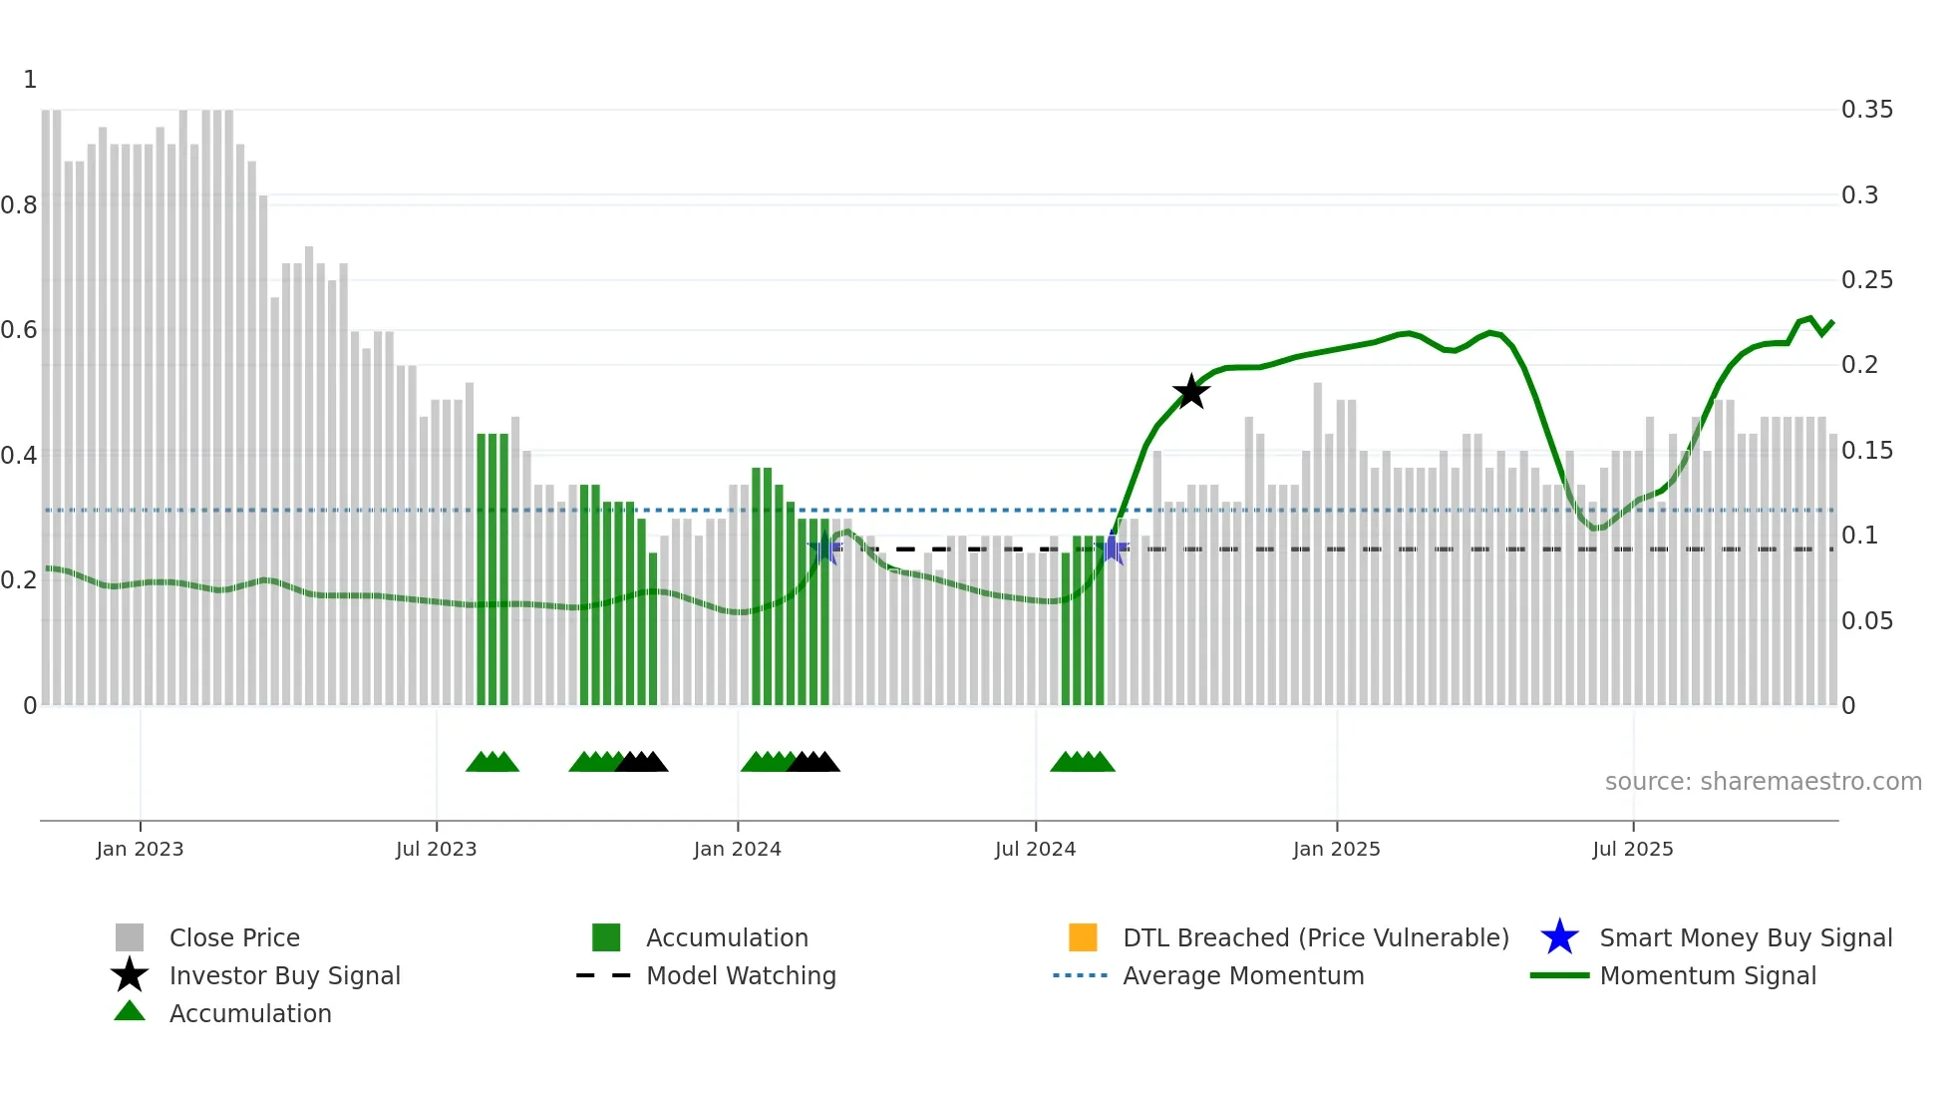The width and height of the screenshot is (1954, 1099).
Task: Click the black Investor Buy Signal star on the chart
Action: pos(1190,392)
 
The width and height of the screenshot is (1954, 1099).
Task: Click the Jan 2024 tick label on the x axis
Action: pos(737,849)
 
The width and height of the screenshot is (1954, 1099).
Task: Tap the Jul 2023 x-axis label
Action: pos(436,849)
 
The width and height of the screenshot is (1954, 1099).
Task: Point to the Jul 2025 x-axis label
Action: pos(1632,849)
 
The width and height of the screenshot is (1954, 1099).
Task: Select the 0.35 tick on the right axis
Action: pos(1866,110)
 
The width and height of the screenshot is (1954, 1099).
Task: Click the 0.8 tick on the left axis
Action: pos(19,205)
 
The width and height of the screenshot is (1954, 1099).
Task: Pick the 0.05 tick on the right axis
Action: pos(1866,621)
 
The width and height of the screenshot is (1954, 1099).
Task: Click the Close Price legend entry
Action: pos(234,937)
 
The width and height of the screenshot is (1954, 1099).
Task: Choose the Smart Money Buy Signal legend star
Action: pos(1559,937)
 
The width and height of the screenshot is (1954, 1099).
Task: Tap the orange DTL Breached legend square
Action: pos(1083,937)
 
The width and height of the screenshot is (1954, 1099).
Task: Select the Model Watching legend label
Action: pos(741,975)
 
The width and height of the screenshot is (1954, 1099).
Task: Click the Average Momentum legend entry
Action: pos(1243,975)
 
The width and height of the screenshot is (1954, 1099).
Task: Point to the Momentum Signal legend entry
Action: pos(1707,975)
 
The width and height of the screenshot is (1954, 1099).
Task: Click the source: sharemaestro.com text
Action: pos(1763,781)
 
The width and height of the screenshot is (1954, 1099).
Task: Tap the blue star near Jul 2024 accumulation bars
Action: pos(1113,549)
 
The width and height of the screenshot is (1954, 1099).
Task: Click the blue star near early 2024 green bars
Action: pos(823,549)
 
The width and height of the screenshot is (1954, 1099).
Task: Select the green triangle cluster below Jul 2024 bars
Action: pos(1083,762)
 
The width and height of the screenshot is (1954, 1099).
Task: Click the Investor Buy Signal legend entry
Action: pos(284,975)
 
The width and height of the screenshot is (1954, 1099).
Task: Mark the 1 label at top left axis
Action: pos(30,80)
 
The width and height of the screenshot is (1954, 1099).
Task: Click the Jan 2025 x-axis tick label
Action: pos(1336,849)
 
